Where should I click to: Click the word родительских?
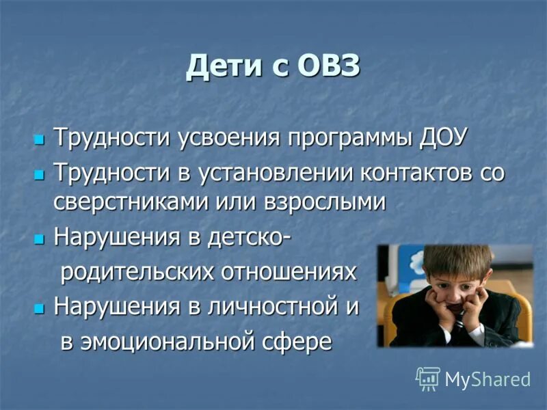click(134, 273)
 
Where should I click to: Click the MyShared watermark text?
click(488, 379)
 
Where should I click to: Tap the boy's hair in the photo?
click(457, 260)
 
